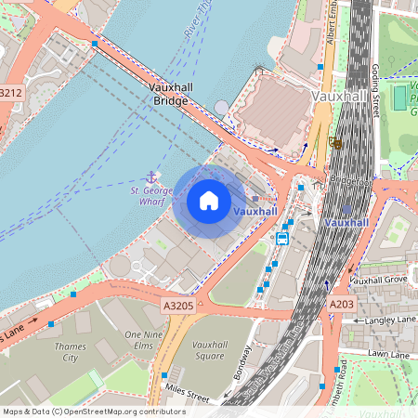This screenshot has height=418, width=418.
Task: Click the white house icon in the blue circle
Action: pos(209,201)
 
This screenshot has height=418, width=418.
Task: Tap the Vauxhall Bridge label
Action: pos(170,93)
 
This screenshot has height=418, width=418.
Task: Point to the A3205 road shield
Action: pos(177,305)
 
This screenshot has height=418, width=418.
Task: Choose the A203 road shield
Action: pos(341,304)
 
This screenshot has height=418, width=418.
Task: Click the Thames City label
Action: pos(71,351)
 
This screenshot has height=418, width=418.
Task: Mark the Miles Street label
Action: pos(186,391)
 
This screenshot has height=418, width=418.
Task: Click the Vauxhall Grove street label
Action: pos(378,280)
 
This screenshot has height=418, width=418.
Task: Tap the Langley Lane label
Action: pos(390,320)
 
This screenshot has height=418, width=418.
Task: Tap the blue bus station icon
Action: pos(282,238)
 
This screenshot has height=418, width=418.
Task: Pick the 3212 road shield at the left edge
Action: pos(10,93)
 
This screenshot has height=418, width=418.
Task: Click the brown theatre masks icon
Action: pos(334,143)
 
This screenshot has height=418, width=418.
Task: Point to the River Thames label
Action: pos(196,23)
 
